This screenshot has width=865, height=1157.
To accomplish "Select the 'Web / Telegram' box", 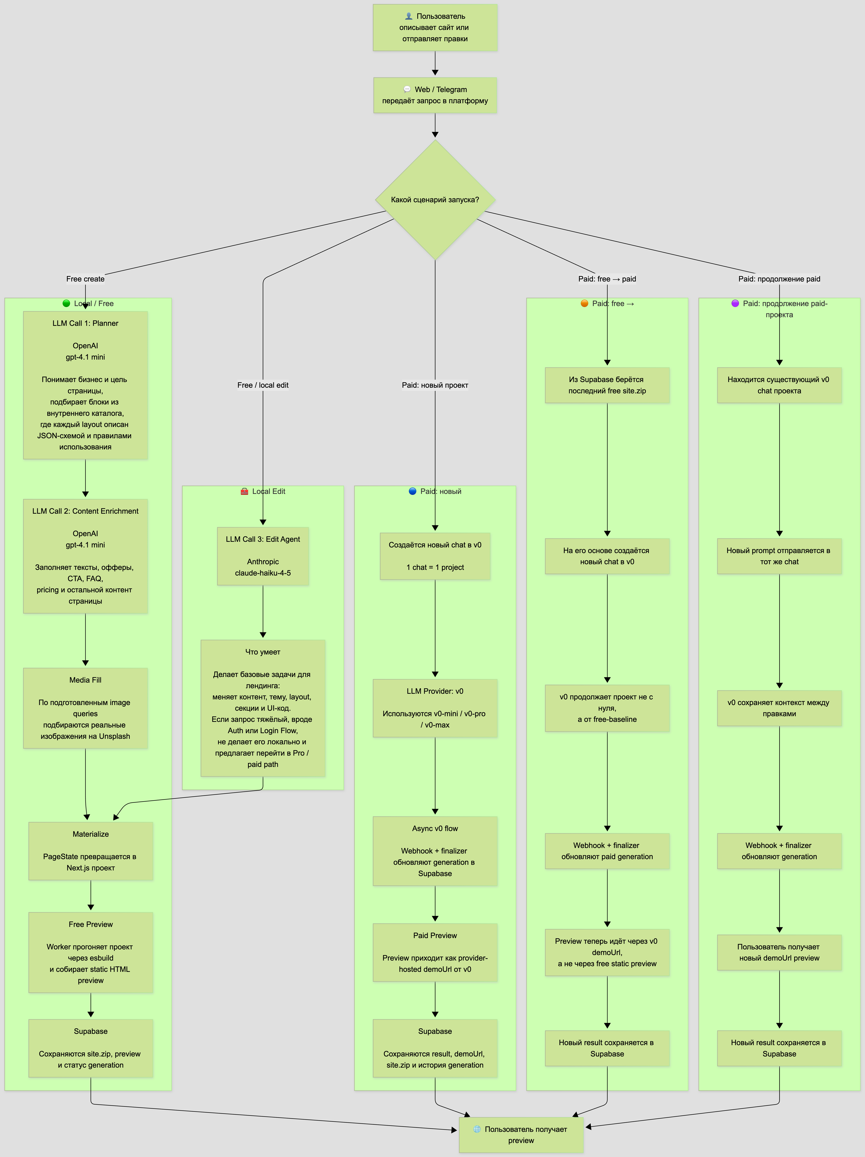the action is [435, 95].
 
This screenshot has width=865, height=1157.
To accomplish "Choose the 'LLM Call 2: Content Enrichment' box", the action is [85, 556].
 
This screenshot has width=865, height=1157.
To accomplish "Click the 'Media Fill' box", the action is [85, 708].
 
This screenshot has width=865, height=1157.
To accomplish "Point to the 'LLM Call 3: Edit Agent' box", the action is [263, 556].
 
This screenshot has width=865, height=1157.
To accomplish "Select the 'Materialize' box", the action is [91, 851].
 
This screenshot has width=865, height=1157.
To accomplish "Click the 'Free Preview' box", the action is [91, 952].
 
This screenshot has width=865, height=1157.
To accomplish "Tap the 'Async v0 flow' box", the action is [435, 851].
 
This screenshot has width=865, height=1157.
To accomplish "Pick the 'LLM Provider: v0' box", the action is [435, 708].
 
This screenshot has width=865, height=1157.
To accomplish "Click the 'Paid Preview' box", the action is [435, 952].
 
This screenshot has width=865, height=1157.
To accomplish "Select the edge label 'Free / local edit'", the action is [263, 385].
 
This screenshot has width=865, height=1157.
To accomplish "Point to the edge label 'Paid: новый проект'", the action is [435, 385].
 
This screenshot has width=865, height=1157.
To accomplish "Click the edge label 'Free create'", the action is [85, 279].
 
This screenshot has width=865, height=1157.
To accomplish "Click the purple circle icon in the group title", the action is [735, 303].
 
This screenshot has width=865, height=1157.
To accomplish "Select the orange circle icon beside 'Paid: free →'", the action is [585, 303].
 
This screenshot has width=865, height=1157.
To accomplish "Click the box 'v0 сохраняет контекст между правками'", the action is [779, 708].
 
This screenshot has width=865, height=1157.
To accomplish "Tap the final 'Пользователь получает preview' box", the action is [521, 1135].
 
